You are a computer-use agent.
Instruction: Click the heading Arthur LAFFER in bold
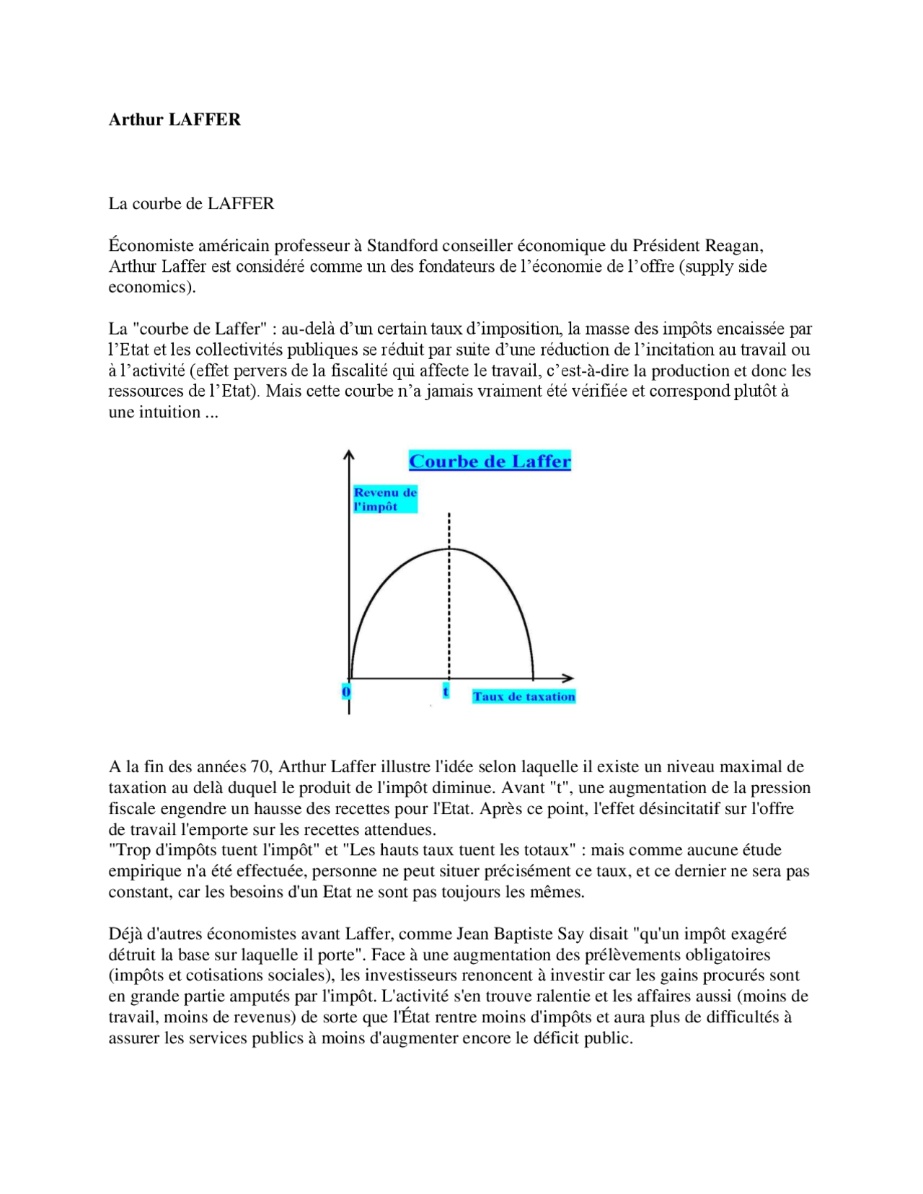pyautogui.click(x=175, y=120)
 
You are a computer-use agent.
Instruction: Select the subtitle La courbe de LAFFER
pyautogui.click(x=191, y=204)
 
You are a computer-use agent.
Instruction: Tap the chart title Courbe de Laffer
pyautogui.click(x=490, y=461)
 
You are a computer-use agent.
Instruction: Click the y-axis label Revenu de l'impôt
pyautogui.click(x=385, y=499)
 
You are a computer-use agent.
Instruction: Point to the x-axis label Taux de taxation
pyautogui.click(x=524, y=696)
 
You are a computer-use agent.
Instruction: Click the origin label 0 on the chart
pyautogui.click(x=346, y=692)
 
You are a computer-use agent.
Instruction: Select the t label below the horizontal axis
pyautogui.click(x=446, y=691)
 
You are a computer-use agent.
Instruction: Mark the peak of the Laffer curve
pyautogui.click(x=449, y=549)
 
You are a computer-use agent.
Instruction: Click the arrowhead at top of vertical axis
pyautogui.click(x=349, y=455)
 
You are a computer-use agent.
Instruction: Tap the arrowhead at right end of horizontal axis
pyautogui.click(x=569, y=678)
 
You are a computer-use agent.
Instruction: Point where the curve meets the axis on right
pyautogui.click(x=533, y=677)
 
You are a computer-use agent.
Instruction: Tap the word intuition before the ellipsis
pyautogui.click(x=167, y=412)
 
